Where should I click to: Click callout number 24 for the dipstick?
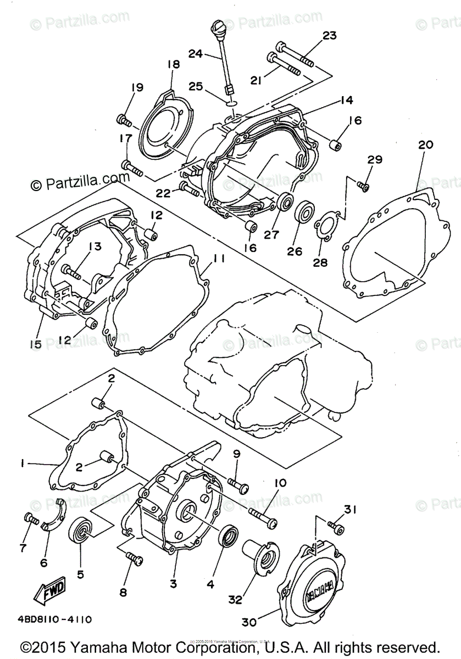[x=196, y=54]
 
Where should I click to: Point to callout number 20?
[x=425, y=145]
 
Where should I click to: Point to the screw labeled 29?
[x=363, y=186]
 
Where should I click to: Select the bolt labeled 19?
[x=123, y=119]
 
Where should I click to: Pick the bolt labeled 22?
[x=188, y=189]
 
